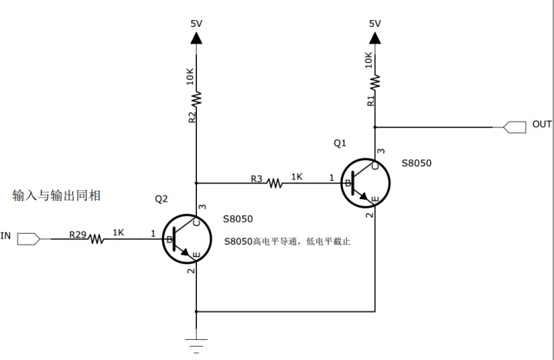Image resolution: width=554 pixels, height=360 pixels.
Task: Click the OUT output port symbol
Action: tap(514, 125)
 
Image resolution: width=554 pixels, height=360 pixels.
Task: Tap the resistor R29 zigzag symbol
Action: tap(96, 238)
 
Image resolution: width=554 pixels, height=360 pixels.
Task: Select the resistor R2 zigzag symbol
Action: tap(196, 98)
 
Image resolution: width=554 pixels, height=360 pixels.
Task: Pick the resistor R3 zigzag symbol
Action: tap(275, 183)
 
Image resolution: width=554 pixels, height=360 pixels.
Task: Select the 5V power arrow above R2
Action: tap(196, 36)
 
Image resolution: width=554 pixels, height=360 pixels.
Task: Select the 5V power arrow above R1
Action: tap(375, 36)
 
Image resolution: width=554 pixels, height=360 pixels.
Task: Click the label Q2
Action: tap(162, 198)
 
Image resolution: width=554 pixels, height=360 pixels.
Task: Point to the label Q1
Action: tap(340, 143)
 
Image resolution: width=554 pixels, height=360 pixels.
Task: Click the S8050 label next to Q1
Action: tap(416, 164)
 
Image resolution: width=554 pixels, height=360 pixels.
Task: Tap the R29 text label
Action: tap(78, 232)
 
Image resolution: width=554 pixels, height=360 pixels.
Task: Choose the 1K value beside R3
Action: tap(297, 177)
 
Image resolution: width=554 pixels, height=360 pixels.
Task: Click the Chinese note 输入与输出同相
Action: tap(57, 196)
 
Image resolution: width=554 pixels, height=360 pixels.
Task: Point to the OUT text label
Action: tap(542, 125)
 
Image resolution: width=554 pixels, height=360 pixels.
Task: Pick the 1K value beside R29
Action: tap(118, 232)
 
